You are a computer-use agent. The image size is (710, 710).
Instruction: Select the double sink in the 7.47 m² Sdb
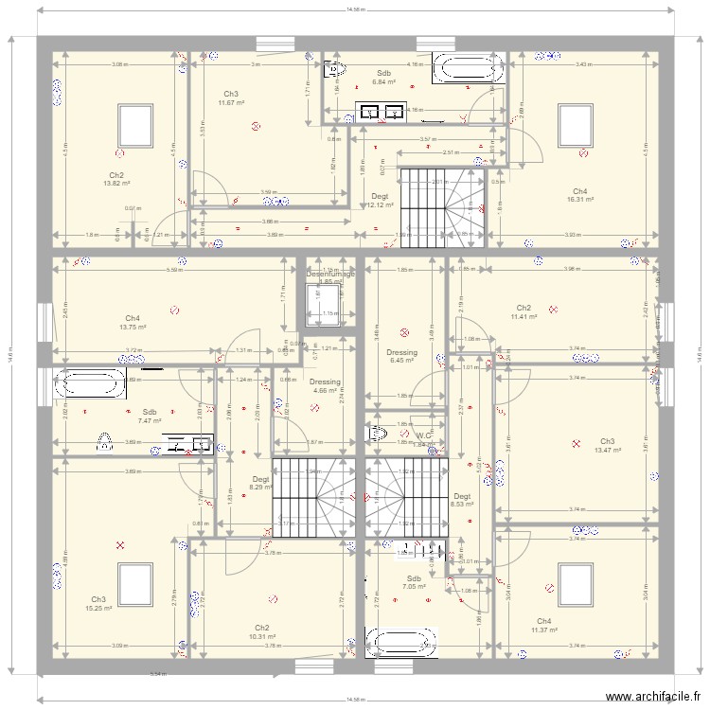(187, 443)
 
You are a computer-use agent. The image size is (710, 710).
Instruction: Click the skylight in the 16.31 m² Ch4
(573, 123)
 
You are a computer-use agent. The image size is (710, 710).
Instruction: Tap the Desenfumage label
(331, 275)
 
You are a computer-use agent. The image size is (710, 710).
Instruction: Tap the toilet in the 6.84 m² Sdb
(334, 68)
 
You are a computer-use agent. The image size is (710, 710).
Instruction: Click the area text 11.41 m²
(524, 316)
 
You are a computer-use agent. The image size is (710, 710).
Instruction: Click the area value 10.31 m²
(262, 636)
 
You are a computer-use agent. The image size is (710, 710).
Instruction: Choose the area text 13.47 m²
(607, 450)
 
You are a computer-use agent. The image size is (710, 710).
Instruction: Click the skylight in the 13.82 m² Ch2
(133, 123)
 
